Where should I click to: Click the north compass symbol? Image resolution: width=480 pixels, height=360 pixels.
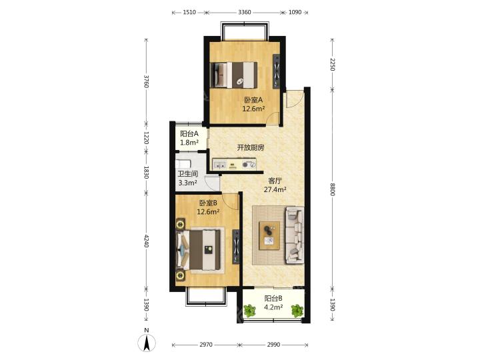coord(147,341)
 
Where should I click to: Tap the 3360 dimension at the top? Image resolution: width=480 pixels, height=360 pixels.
coord(244,12)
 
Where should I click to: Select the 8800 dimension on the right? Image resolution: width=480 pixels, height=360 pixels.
coord(333,189)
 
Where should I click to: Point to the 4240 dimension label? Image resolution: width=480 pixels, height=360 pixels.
coord(146,241)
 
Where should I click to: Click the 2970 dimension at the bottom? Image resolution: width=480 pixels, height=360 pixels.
coord(206,345)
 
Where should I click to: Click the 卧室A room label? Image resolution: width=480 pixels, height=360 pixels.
coord(253,100)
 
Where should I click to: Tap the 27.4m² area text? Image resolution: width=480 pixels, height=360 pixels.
coord(275,189)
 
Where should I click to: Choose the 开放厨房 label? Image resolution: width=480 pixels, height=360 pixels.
coord(251,147)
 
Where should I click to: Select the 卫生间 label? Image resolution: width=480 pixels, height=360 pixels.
coord(187,174)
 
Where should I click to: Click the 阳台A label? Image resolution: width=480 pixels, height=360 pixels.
coord(189,134)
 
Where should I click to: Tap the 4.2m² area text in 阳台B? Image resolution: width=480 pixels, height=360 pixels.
coord(273,307)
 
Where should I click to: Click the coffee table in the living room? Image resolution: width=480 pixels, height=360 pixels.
coord(269,236)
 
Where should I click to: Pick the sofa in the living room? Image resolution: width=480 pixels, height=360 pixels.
coord(295,235)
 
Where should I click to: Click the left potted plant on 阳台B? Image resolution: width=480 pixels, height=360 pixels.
coord(250,311)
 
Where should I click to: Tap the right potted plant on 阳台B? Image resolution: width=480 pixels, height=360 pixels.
coord(297,311)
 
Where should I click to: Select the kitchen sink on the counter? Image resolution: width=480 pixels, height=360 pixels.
coord(220,165)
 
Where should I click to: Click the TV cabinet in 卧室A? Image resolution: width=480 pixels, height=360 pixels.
coord(276,71)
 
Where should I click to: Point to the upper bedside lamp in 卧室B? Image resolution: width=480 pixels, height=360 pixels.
coord(180,224)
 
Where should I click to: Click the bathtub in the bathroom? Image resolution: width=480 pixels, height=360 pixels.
coord(183,163)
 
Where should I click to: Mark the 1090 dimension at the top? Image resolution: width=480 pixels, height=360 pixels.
coord(295,12)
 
